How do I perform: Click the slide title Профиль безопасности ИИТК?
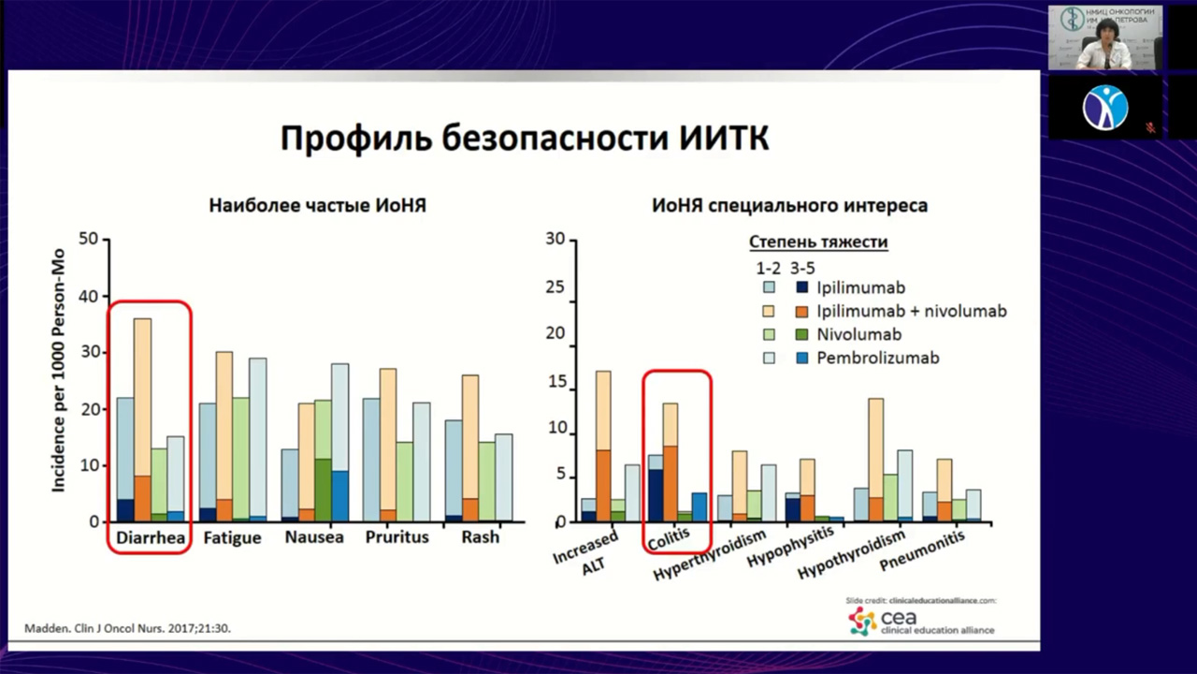tap(525, 139)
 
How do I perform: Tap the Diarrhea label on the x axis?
tap(150, 537)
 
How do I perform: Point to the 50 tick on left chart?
tap(89, 240)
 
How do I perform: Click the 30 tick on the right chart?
tap(555, 240)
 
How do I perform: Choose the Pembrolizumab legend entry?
tap(877, 358)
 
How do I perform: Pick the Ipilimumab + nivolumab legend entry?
tap(911, 311)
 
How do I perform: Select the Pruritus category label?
tap(397, 537)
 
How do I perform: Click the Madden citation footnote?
tap(126, 628)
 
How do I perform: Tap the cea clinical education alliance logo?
tap(921, 621)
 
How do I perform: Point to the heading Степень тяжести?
tap(818, 242)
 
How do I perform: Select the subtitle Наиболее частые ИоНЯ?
tap(317, 205)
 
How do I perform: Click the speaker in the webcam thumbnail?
tap(1103, 42)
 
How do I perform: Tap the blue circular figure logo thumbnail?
tap(1105, 106)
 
